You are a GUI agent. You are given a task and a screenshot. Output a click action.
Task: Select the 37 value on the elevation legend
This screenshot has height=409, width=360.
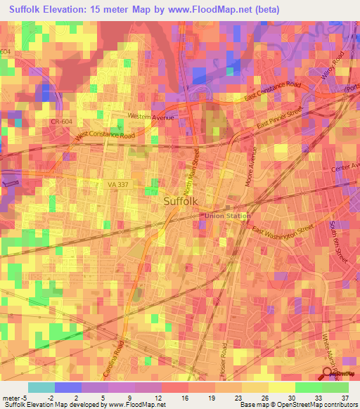click(x=344, y=397)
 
